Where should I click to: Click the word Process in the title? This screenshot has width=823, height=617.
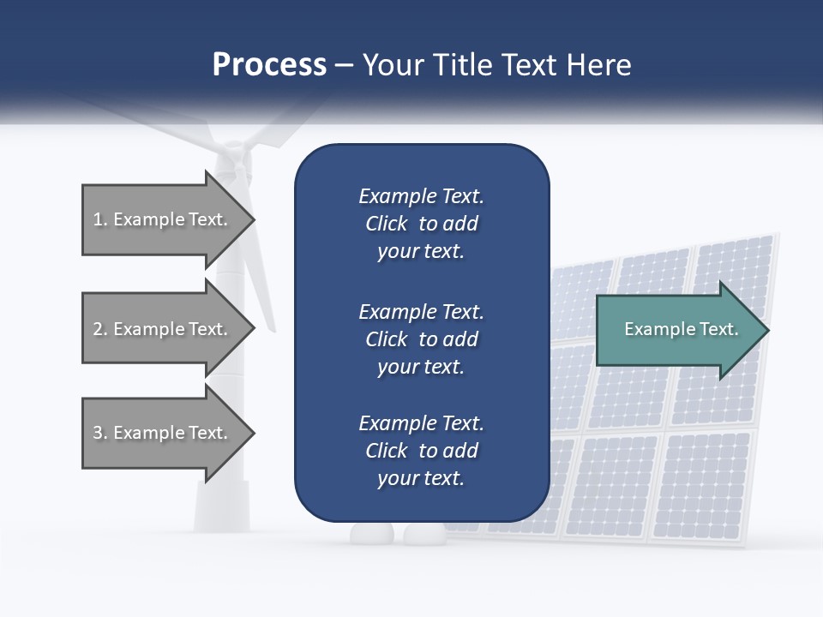point(269,65)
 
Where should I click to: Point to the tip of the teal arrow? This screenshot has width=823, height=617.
point(767,329)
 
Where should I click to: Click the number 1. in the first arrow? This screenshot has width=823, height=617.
point(100,219)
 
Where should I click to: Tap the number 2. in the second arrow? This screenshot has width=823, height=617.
point(100,329)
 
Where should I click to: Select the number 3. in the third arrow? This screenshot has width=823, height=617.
point(100,433)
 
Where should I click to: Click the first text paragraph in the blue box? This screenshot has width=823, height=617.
point(421,224)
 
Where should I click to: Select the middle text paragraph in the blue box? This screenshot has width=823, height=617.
point(421,338)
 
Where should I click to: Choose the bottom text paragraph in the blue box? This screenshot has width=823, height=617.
point(421,450)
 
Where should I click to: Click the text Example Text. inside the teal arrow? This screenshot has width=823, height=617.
point(682,329)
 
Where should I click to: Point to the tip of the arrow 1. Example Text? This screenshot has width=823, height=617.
point(254,219)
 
